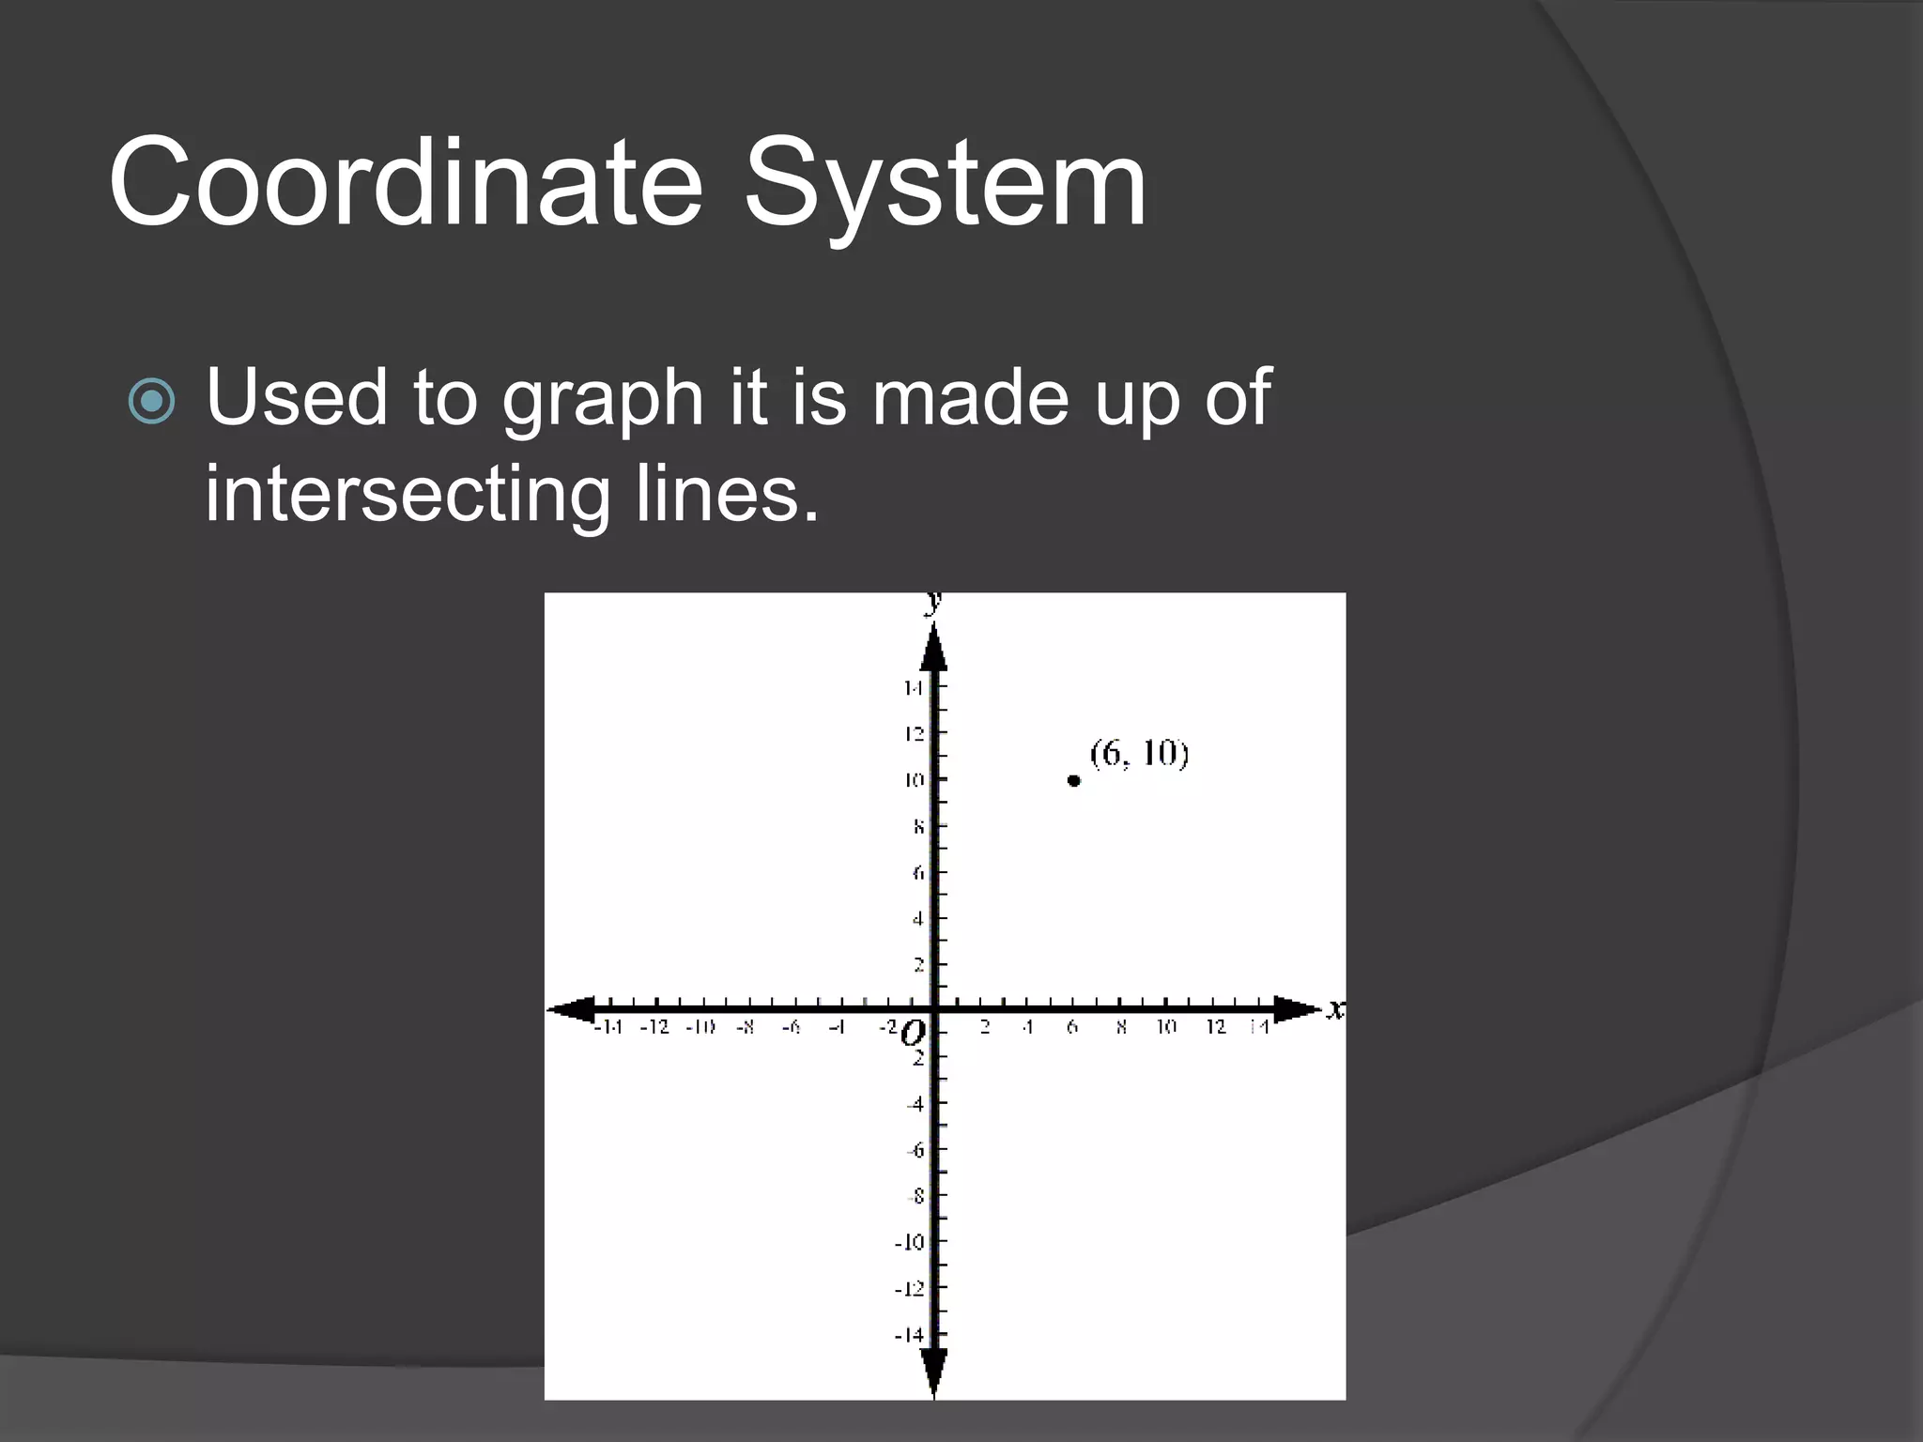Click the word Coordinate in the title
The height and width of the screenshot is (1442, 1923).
(x=406, y=183)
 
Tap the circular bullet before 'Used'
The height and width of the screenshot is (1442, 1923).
(x=151, y=402)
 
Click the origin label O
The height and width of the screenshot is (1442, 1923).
(x=912, y=1035)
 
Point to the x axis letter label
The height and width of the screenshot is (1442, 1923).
(x=1335, y=1010)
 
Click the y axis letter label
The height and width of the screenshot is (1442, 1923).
(x=933, y=601)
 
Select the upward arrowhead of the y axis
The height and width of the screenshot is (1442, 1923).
(x=933, y=647)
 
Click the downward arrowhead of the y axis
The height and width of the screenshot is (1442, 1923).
(x=933, y=1373)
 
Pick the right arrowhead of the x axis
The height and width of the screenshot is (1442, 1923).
(x=1298, y=1010)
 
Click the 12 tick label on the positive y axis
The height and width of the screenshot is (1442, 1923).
(x=914, y=734)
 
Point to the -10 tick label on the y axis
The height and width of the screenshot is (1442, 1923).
(x=909, y=1243)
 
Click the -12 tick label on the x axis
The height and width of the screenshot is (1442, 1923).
(x=654, y=1028)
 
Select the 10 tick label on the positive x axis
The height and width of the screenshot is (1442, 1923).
(x=1166, y=1028)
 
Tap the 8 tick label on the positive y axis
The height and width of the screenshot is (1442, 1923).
(x=918, y=827)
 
